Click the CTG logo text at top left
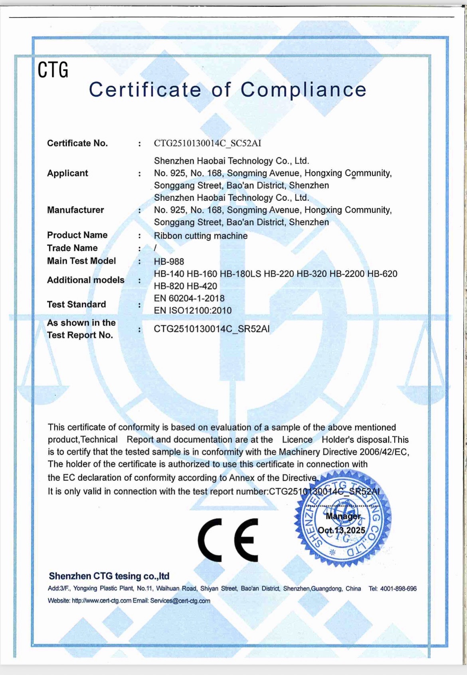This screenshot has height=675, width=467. (x=53, y=70)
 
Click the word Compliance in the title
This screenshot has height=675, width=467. (x=303, y=89)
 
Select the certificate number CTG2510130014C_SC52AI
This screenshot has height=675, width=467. (x=208, y=143)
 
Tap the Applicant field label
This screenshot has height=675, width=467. (x=67, y=173)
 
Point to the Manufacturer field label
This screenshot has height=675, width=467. (x=75, y=210)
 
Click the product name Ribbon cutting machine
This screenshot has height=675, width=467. (x=201, y=236)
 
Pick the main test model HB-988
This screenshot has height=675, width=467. (x=169, y=262)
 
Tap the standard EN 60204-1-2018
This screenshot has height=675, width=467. (x=189, y=298)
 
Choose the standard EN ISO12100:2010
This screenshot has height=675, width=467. (x=193, y=311)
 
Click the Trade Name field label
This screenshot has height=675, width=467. (x=72, y=248)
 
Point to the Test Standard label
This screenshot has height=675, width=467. (x=77, y=304)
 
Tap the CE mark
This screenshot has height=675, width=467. (x=228, y=540)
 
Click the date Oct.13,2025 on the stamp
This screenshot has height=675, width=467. (x=341, y=530)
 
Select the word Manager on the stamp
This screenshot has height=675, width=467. (x=343, y=516)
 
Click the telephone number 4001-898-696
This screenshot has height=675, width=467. (x=398, y=589)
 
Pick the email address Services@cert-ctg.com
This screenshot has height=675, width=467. (x=180, y=601)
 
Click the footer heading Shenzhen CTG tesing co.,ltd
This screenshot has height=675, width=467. (x=109, y=576)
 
